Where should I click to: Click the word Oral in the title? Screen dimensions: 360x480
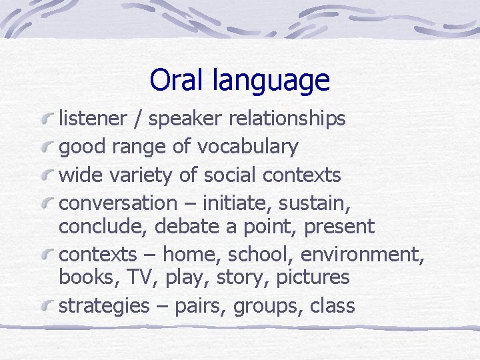tap(175, 80)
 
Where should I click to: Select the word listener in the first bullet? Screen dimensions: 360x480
tap(93, 119)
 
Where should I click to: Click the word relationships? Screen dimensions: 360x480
tap(287, 119)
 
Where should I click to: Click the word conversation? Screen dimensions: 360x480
tap(118, 203)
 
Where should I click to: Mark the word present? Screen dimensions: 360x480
tap(339, 227)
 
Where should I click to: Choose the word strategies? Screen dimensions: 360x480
tap(104, 306)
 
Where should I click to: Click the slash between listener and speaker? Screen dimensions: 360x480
tap(137, 119)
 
